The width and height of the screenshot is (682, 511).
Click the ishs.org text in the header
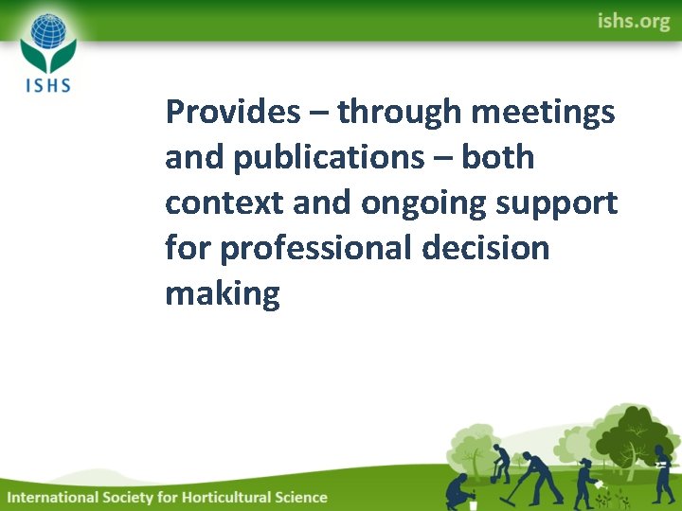pos(633,21)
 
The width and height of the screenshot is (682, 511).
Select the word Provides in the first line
pos(232,113)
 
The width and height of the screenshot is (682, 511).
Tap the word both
pos(498,157)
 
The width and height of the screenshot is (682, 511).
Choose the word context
pos(224,203)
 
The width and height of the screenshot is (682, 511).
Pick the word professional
pos(315,249)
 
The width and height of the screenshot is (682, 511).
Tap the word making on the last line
pos(223,294)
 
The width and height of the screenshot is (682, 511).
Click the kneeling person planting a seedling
pos(460,491)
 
